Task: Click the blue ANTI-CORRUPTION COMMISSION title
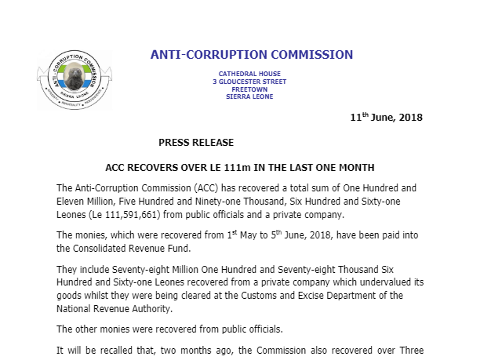click(252, 55)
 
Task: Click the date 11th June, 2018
click(386, 118)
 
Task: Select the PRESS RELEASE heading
click(196, 142)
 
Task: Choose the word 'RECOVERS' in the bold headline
click(160, 168)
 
